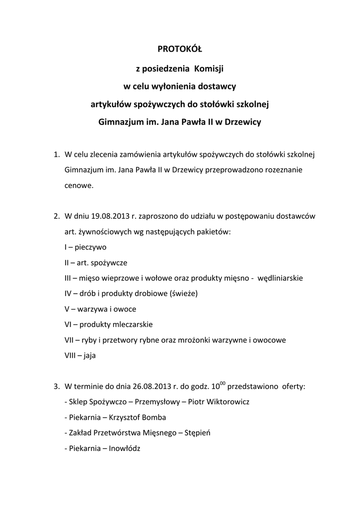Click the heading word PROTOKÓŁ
180,49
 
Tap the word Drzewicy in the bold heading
243,122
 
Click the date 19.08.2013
107,216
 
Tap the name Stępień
198,433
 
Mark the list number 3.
56,386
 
